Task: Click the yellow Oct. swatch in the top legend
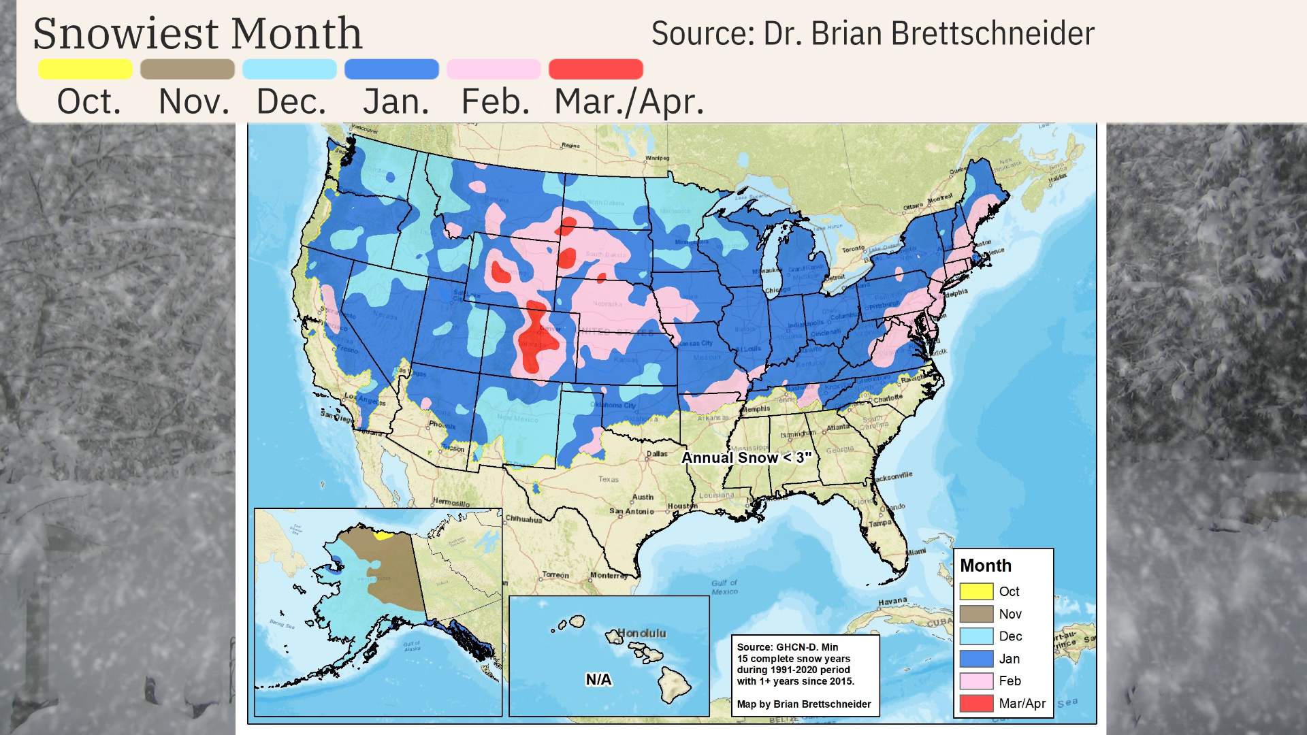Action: pos(85,69)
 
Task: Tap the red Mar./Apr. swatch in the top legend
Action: pos(596,69)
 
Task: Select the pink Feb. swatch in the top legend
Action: pos(494,69)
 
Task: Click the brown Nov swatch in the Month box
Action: pos(976,614)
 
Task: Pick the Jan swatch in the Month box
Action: pos(976,659)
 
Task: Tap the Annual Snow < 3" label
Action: pos(746,458)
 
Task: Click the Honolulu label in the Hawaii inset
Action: pos(641,633)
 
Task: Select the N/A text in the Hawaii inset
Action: pos(598,679)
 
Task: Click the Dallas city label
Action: pos(657,453)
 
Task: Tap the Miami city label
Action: pos(915,552)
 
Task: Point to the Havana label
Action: pos(892,602)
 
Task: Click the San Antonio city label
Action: pos(631,511)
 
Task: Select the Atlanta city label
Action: pos(837,427)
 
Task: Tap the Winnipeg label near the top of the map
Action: pos(657,158)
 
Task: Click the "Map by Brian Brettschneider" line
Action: pos(803,704)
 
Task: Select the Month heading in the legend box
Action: pos(985,566)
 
